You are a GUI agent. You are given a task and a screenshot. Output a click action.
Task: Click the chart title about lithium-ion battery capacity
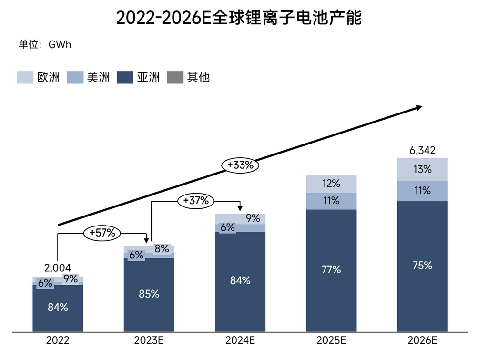239,18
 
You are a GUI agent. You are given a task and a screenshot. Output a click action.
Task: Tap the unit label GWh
45,44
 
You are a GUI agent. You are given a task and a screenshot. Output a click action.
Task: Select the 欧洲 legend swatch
25,77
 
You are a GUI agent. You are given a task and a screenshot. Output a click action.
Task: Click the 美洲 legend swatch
75,77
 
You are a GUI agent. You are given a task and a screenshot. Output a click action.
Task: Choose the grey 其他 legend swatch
175,77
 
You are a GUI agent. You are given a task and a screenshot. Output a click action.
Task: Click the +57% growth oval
102,233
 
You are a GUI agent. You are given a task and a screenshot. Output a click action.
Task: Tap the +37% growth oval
196,201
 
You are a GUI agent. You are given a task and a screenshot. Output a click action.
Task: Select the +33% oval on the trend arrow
240,165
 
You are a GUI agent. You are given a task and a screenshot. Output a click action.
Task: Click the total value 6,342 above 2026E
422,151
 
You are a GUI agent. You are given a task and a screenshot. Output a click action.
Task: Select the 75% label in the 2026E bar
422,266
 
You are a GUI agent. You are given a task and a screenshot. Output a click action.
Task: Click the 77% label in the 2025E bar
331,269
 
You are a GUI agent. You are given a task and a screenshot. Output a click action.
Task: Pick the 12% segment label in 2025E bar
331,183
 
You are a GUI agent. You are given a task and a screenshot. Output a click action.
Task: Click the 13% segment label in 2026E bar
422,169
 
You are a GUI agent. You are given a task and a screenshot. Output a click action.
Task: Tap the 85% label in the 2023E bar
149,294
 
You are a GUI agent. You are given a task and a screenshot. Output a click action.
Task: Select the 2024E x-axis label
240,341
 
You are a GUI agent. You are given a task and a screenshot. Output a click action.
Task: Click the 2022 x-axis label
58,341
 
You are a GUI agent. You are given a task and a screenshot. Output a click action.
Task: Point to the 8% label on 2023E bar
161,248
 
